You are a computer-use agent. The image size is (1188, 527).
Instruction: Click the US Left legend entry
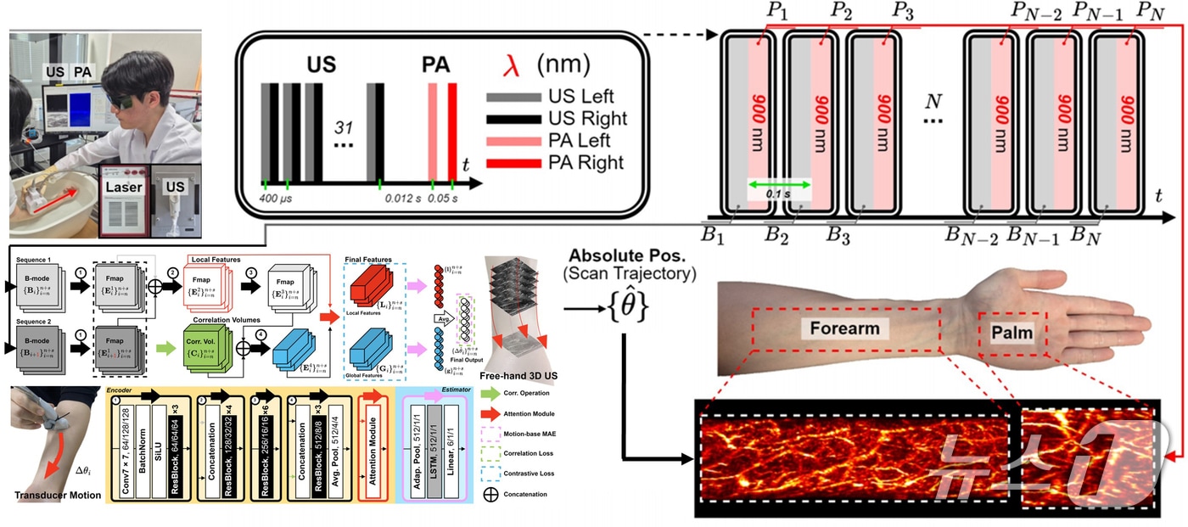click(x=580, y=97)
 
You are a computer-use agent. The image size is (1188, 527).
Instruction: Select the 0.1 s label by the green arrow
click(x=779, y=193)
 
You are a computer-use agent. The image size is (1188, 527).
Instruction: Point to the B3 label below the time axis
click(x=838, y=233)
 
